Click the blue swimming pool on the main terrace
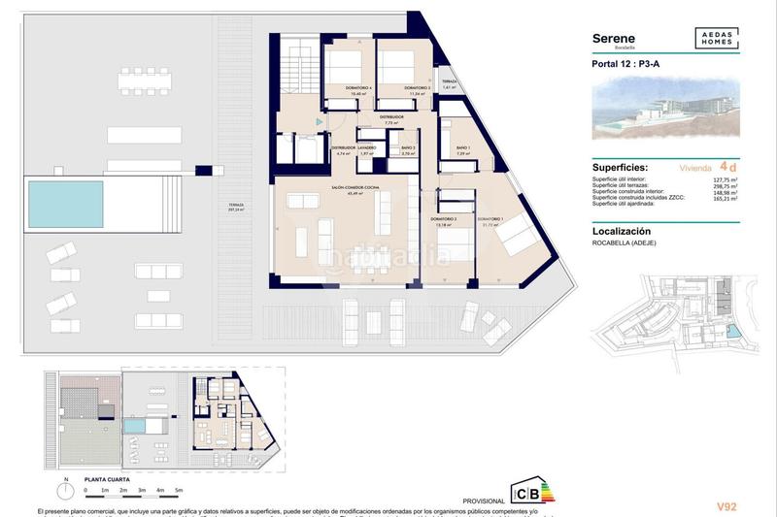[x=65, y=202]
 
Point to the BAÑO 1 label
[x=462, y=148]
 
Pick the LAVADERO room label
[x=366, y=148]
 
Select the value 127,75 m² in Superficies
[x=724, y=180]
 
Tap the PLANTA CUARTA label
[x=109, y=478]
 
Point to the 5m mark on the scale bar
[x=179, y=490]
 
